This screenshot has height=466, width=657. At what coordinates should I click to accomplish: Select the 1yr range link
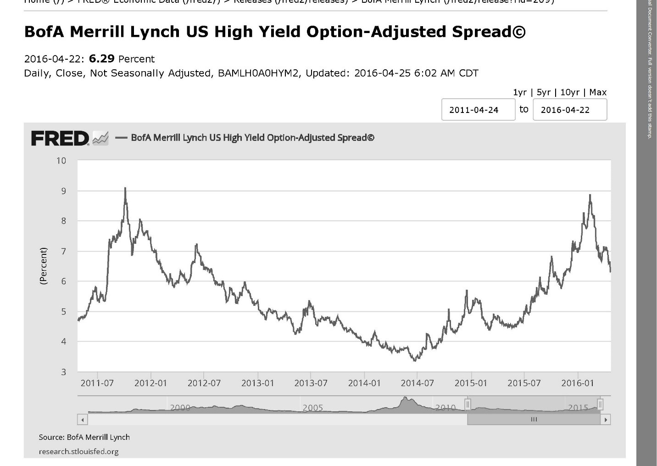click(520, 92)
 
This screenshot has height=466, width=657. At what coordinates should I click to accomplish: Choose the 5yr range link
click(543, 92)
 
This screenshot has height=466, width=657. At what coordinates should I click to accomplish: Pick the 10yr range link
click(570, 92)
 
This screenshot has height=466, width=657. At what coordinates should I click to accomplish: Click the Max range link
click(598, 92)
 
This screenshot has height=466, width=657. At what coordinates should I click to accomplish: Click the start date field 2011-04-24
click(478, 110)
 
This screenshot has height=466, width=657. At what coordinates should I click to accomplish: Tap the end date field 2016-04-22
click(569, 110)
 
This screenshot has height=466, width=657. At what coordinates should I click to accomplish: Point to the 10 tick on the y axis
click(61, 161)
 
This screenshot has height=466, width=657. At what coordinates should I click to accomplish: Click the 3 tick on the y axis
click(63, 372)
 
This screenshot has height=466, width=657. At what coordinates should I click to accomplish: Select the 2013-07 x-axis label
click(311, 383)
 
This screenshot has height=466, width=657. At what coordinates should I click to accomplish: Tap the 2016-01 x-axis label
click(577, 383)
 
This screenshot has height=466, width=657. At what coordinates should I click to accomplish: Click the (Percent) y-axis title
click(44, 266)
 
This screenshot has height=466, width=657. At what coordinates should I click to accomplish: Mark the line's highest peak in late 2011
click(125, 188)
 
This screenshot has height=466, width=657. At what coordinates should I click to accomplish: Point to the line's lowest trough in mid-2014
click(415, 361)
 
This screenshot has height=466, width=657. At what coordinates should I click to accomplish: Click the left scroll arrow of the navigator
click(83, 419)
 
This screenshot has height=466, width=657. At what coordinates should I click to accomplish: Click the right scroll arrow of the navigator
click(606, 419)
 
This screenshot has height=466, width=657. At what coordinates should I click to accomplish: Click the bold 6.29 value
click(101, 59)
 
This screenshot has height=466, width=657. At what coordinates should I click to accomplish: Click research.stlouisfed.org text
click(78, 451)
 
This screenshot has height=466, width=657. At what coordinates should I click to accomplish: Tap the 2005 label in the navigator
click(312, 408)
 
